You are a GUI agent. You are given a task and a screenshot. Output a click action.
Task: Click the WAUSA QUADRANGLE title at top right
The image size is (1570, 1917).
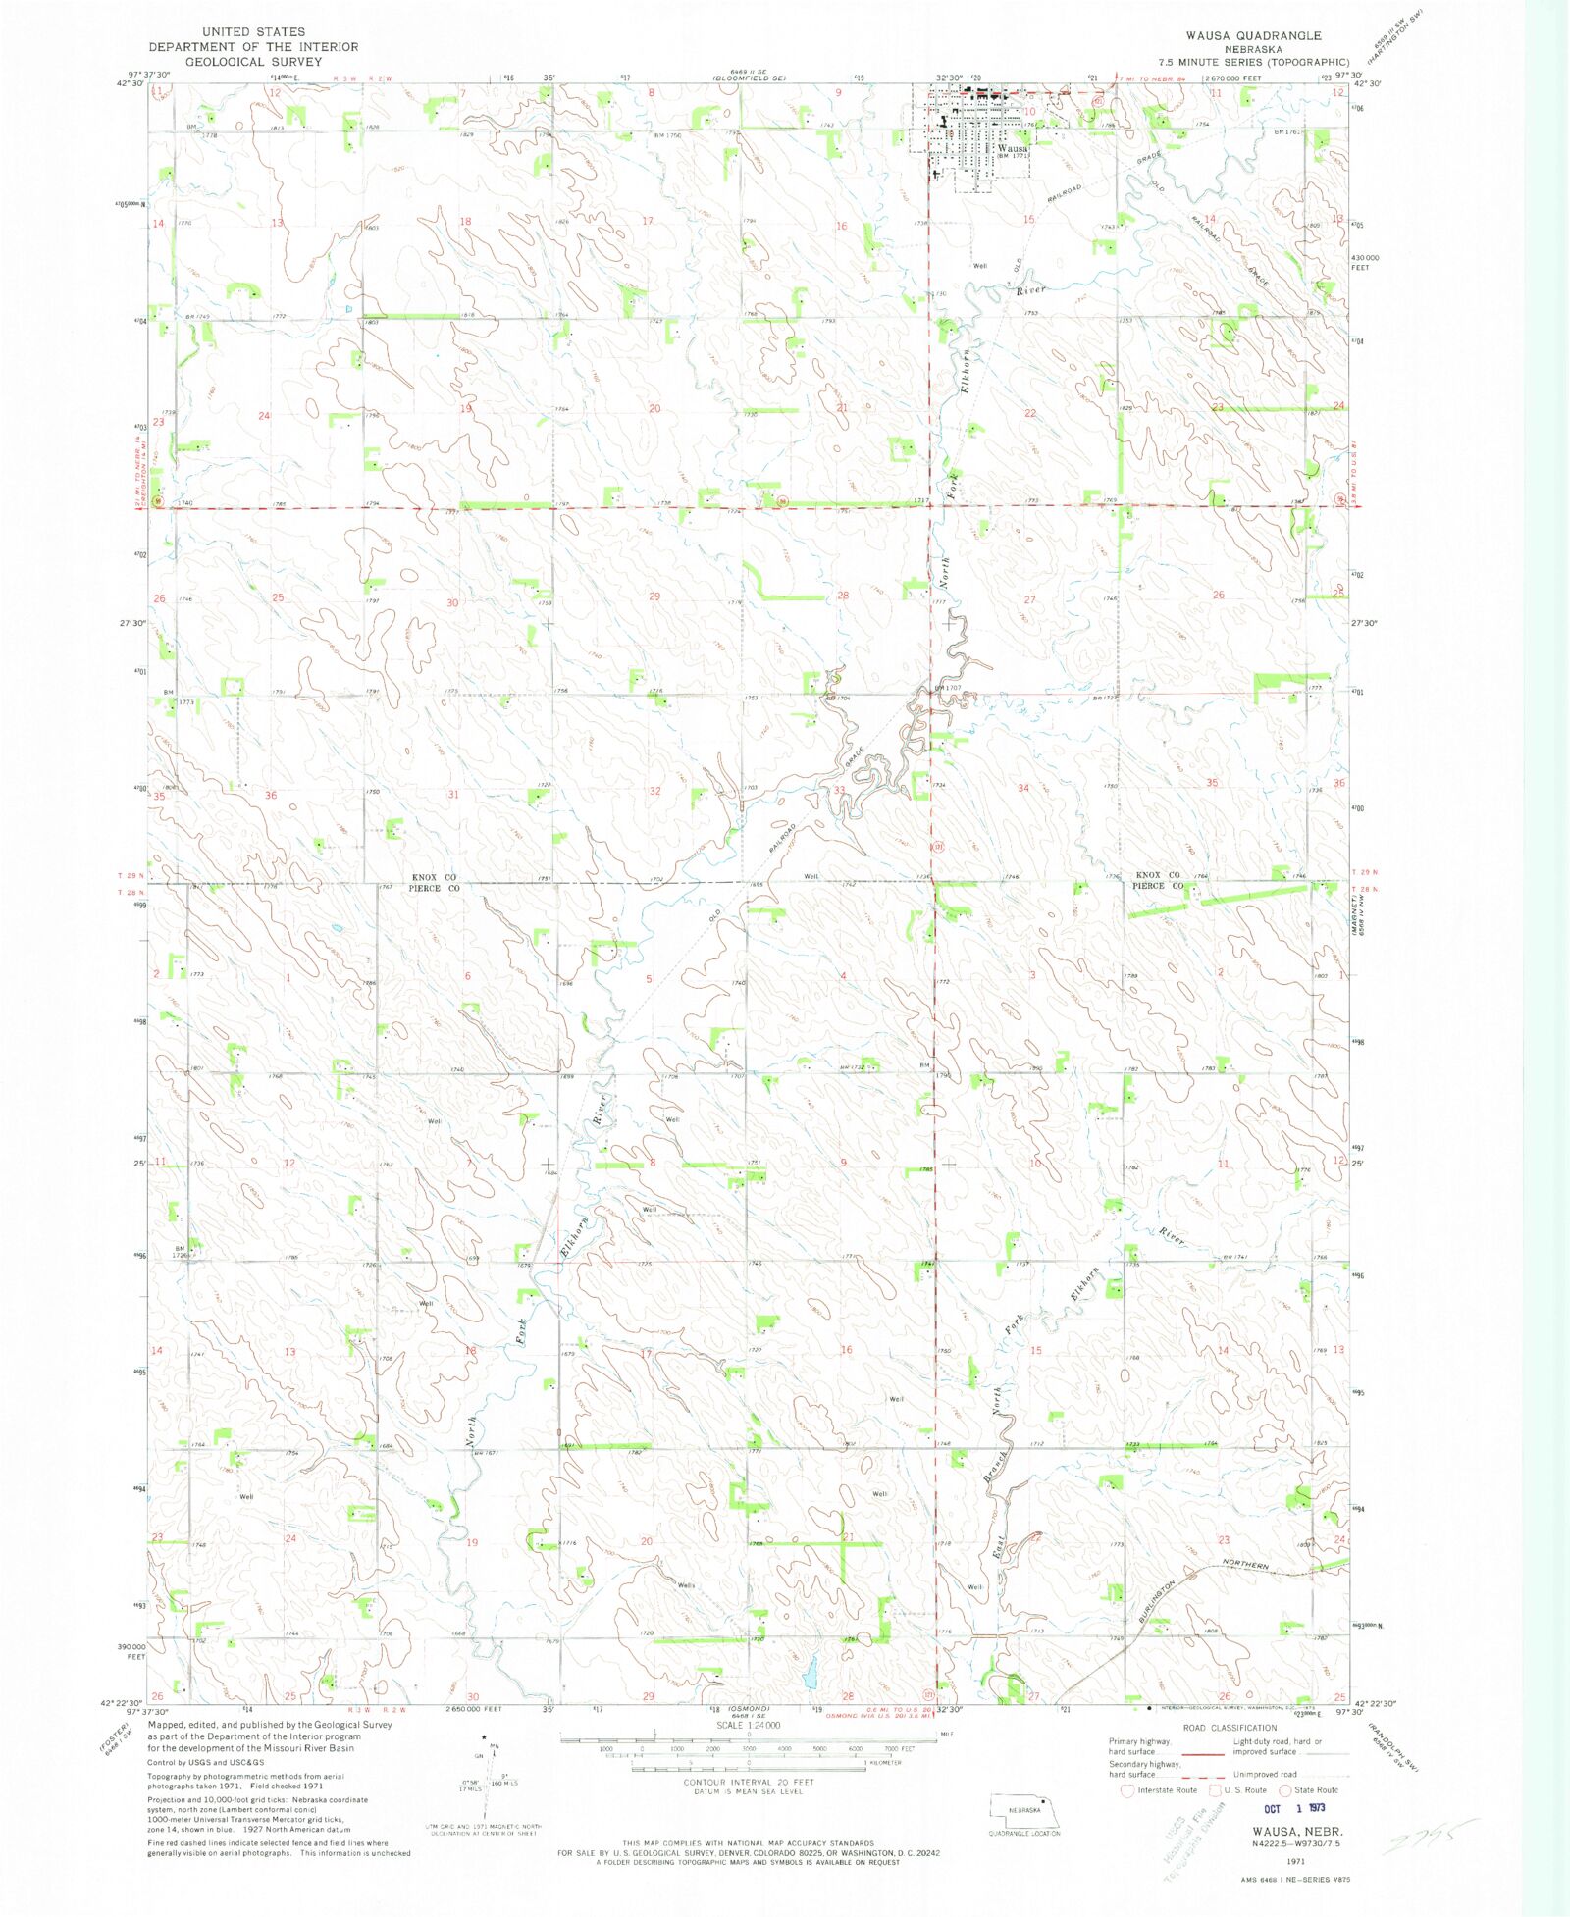tap(1253, 35)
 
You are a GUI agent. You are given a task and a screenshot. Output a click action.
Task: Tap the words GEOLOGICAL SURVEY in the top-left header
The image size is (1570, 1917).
tap(253, 61)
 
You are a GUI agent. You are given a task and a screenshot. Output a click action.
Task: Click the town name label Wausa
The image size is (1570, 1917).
tap(1012, 148)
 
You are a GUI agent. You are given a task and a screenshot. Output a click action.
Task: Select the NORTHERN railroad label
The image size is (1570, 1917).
tap(1245, 1566)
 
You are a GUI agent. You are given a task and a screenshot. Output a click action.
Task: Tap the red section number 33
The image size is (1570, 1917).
tap(839, 790)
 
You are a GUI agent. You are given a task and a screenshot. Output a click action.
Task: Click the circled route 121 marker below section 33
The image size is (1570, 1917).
tap(937, 846)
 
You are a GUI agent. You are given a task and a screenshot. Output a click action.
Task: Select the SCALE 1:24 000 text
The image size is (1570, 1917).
tap(748, 1752)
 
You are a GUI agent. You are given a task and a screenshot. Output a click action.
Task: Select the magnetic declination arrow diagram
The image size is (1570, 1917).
tap(487, 1782)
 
